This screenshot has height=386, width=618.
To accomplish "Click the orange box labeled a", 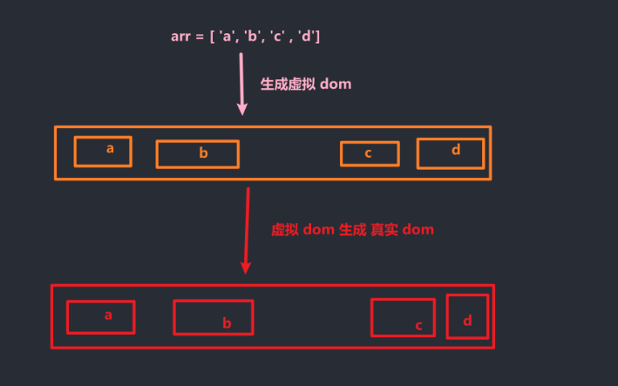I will (x=103, y=151).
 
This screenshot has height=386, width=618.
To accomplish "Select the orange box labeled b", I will (x=197, y=153).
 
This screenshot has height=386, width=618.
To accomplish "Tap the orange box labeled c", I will (x=370, y=153).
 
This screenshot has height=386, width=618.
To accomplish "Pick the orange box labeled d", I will (x=450, y=152).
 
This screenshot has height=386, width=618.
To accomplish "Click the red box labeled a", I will (x=100, y=317).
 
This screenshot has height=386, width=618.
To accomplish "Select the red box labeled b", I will (x=213, y=317).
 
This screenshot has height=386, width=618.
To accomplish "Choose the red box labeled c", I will (x=403, y=317).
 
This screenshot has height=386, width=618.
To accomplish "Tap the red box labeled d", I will (x=467, y=316).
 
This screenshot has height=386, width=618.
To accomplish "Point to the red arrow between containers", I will (x=248, y=230).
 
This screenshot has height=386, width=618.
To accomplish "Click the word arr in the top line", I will (x=180, y=37).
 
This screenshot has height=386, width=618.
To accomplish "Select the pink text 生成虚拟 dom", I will (x=306, y=85).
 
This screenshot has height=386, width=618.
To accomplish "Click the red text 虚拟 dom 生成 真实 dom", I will (x=352, y=229).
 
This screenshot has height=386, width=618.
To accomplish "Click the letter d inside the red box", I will (x=468, y=321).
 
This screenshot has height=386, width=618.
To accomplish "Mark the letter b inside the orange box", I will (x=203, y=153).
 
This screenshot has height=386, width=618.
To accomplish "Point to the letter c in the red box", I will (x=418, y=326).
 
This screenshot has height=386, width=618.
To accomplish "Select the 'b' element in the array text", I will (x=253, y=37).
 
